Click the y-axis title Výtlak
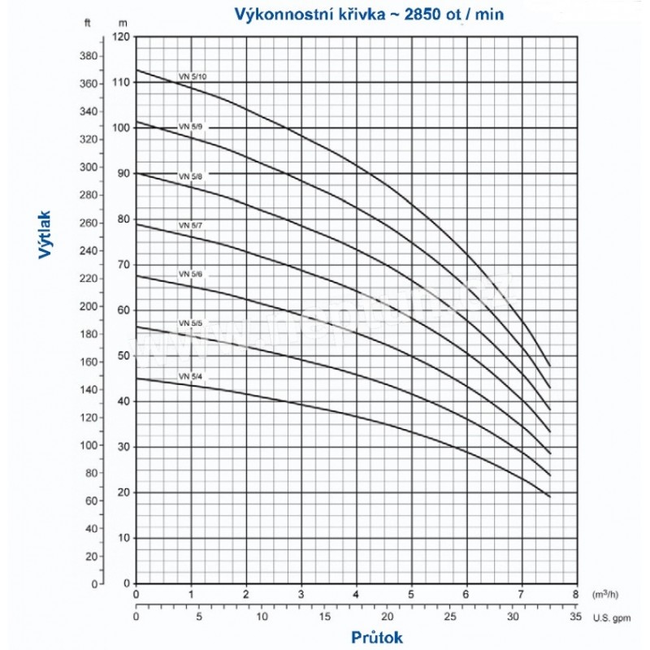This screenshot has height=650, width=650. [x=48, y=236]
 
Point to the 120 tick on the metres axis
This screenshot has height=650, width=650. [x=121, y=37]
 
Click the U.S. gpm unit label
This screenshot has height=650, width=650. [x=615, y=618]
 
